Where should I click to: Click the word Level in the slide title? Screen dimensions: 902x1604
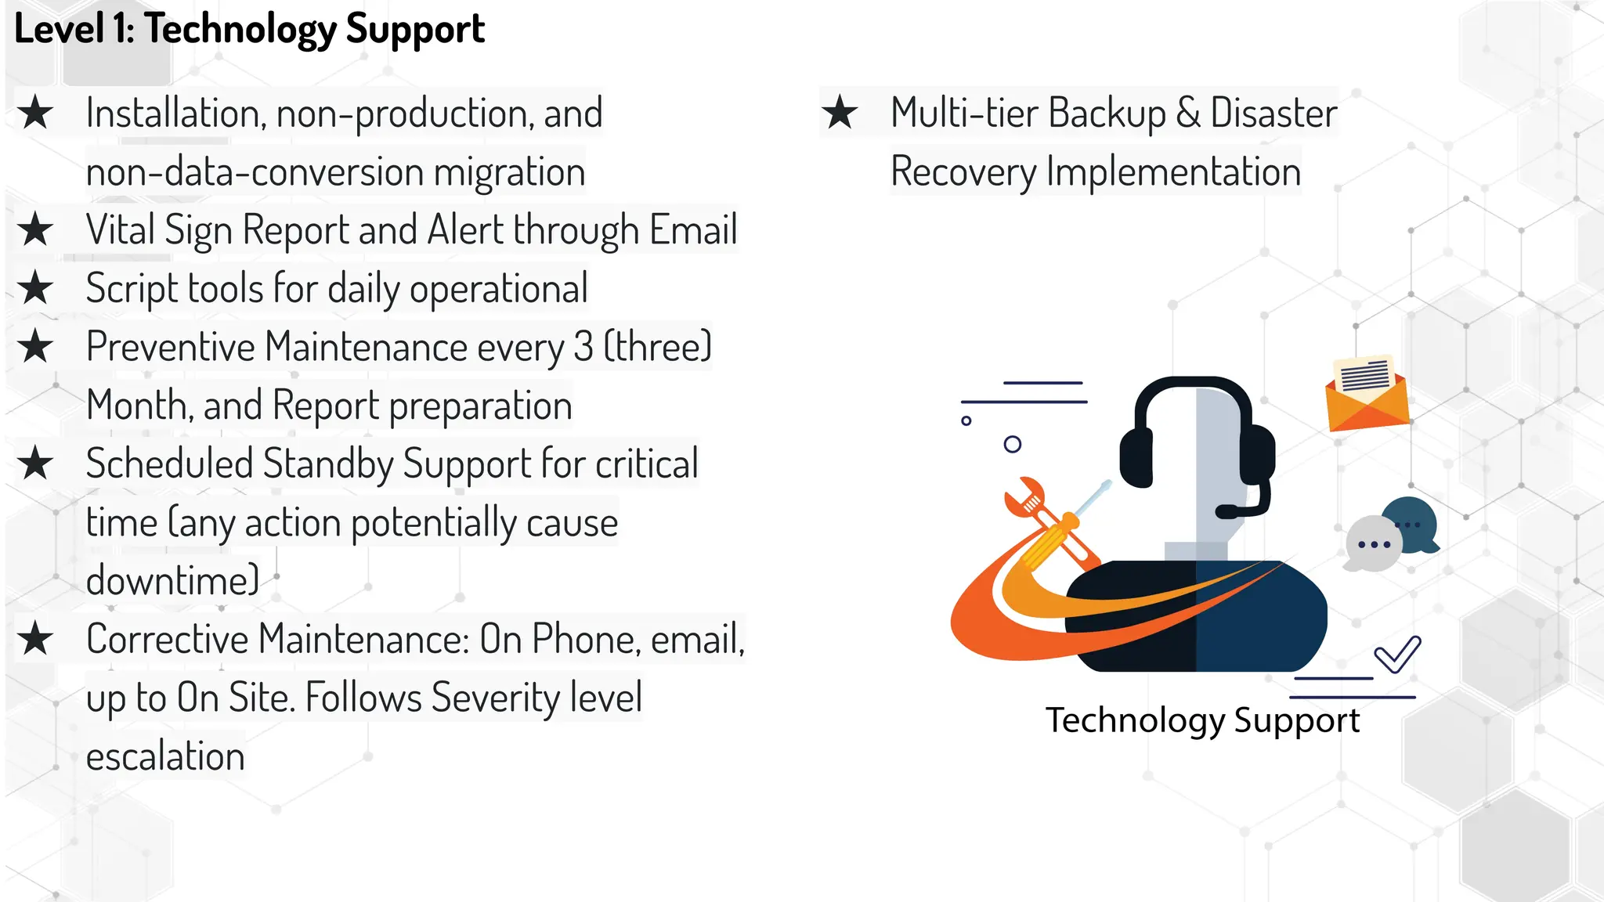click(59, 30)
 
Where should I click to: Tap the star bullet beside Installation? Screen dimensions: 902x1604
click(35, 113)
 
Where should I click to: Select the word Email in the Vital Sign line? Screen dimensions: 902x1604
click(692, 230)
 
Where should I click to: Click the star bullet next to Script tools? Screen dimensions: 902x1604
click(35, 288)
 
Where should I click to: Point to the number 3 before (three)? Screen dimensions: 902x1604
click(583, 347)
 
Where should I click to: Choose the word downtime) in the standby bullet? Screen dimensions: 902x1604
click(172, 581)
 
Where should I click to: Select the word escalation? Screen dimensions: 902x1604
click(165, 756)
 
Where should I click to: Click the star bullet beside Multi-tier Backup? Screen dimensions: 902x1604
click(840, 113)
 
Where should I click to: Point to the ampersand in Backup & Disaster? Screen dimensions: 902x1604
click(1187, 113)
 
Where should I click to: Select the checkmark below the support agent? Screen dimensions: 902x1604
click(1398, 654)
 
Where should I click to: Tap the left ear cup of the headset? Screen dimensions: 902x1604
click(1136, 458)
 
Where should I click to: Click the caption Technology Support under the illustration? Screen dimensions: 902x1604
click(1202, 720)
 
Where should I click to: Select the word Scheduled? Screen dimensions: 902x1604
click(169, 464)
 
